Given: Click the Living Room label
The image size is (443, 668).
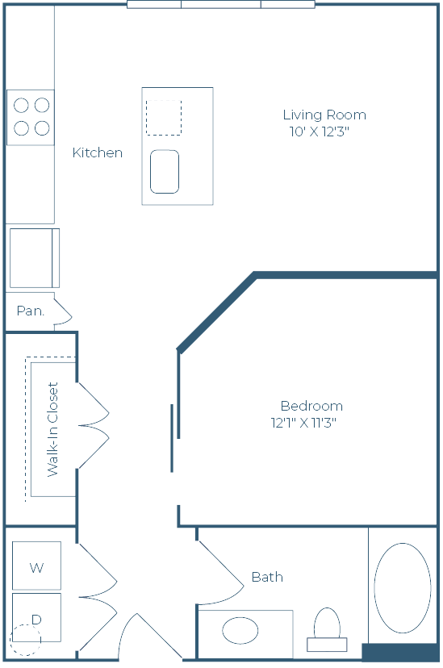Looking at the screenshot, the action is pos(324,115).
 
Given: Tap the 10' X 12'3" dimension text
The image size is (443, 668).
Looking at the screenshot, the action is pos(320,132).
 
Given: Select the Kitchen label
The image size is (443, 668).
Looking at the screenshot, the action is pos(98,152).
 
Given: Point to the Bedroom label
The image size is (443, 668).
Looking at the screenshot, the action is pos(311,406).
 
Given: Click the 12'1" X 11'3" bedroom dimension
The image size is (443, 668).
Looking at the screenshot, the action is pos(303,423).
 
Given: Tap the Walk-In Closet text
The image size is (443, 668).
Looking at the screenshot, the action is pos(52,429).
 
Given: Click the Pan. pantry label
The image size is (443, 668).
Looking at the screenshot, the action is pos(31,311).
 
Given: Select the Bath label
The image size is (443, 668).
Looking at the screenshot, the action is pos(268,577).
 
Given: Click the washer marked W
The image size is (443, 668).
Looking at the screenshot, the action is pos(36,566).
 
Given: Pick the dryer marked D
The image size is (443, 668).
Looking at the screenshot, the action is pos(36,617).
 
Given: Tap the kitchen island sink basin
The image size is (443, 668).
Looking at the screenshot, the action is pos(165,171).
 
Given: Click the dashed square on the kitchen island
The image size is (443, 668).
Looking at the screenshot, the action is pos(164,118).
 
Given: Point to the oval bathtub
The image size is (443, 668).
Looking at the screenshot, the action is pos(403,588).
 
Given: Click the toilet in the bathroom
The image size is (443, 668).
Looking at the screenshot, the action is pos(327,629).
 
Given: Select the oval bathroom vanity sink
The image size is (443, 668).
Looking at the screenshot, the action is pos(240,631).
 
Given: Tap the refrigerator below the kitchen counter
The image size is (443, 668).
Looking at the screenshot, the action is pos(35,258).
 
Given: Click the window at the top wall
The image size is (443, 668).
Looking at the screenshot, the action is pos(221,5).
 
